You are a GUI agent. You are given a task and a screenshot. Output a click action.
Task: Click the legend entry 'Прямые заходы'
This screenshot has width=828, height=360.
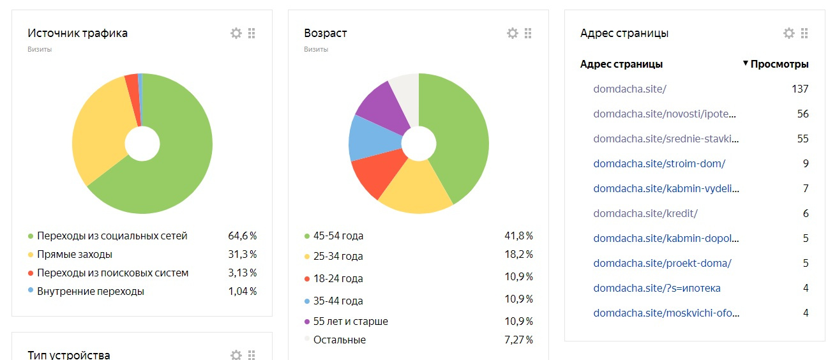pos(75,254)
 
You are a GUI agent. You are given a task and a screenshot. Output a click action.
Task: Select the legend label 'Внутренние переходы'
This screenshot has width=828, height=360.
pos(91,291)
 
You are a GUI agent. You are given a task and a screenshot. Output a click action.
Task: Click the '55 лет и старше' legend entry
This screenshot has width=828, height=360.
pos(350,321)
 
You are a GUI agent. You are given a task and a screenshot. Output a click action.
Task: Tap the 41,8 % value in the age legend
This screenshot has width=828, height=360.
pos(518,236)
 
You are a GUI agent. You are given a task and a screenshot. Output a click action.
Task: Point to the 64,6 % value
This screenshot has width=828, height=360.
pos(242,236)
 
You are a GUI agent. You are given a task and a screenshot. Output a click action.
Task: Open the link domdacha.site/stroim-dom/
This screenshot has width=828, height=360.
pos(659,163)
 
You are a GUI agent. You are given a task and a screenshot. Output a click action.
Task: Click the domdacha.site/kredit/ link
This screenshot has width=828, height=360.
pos(645,213)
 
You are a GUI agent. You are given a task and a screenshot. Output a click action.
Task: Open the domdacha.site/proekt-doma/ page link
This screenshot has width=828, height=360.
pos(662,263)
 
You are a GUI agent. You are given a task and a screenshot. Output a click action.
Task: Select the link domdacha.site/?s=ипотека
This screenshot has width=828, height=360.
pos(657,288)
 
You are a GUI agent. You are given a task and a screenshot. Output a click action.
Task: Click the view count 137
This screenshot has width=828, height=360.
pos(800,89)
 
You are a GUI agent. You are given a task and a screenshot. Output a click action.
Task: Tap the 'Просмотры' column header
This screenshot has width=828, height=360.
pos(779,64)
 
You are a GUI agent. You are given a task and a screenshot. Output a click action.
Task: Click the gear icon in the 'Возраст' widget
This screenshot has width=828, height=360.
pos(513,33)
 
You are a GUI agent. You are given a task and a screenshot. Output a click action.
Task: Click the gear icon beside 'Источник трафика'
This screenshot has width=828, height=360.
pos(236,33)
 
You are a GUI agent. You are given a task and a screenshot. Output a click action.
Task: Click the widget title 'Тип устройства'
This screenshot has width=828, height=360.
pos(69,355)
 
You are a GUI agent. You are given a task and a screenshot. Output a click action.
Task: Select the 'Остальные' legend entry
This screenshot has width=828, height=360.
pos(340,340)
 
